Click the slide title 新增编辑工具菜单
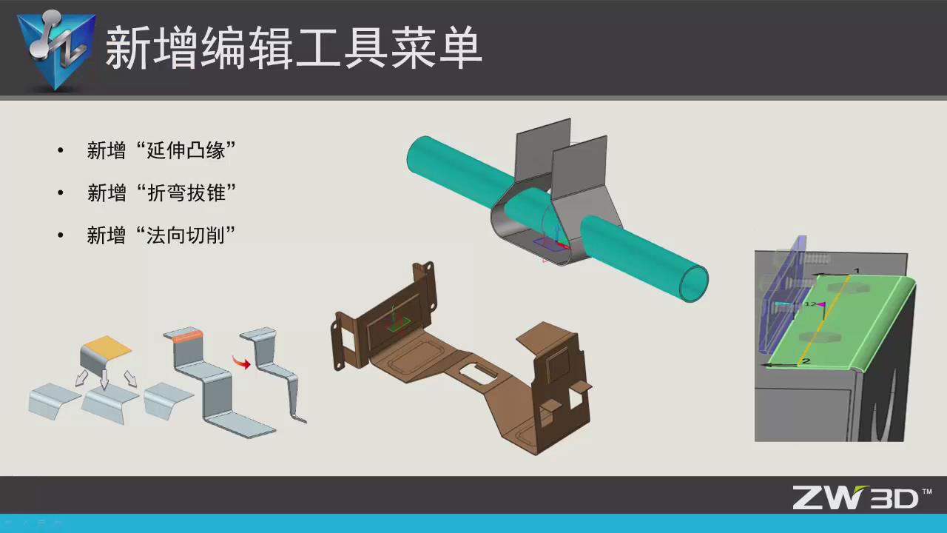click(x=294, y=50)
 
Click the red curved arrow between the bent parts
click(x=241, y=362)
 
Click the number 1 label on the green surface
click(x=857, y=271)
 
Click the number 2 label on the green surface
click(x=806, y=361)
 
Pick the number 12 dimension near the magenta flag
click(x=809, y=304)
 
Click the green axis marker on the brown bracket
click(x=398, y=320)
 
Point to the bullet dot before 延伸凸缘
click(x=61, y=152)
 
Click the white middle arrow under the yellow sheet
click(x=104, y=379)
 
